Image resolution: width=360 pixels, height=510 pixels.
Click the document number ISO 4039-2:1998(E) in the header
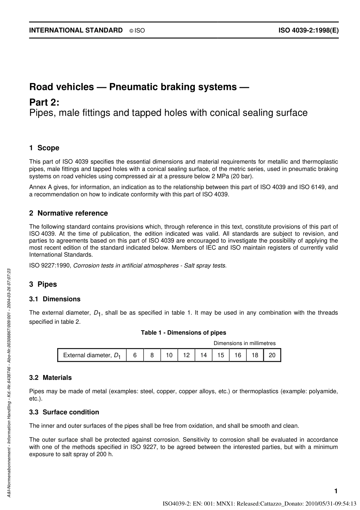(x=308, y=30)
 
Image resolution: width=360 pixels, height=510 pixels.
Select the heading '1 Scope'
(x=44, y=148)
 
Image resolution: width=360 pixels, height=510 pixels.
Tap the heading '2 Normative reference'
(x=69, y=213)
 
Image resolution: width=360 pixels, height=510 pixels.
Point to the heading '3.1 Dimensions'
(x=55, y=299)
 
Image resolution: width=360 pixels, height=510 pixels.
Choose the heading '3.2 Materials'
(x=50, y=378)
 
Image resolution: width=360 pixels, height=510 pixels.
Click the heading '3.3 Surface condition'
(x=64, y=412)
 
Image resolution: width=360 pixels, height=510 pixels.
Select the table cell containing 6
(x=135, y=355)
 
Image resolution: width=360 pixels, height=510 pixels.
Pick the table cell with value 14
(x=203, y=355)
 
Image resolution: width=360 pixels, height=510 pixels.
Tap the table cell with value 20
(x=272, y=355)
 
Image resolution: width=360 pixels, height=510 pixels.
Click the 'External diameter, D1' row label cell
(x=92, y=355)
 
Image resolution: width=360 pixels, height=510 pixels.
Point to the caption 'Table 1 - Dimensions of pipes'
(x=183, y=333)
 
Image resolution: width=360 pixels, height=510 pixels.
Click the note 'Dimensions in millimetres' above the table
(x=244, y=343)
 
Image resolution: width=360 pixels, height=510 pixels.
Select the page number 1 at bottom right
(x=336, y=491)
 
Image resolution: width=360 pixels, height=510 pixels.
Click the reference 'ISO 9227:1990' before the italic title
(x=50, y=266)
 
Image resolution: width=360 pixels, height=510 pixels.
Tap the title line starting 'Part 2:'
(x=44, y=102)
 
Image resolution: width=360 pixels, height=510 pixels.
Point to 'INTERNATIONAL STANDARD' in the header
(x=76, y=30)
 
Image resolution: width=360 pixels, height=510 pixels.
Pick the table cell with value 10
(x=169, y=355)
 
